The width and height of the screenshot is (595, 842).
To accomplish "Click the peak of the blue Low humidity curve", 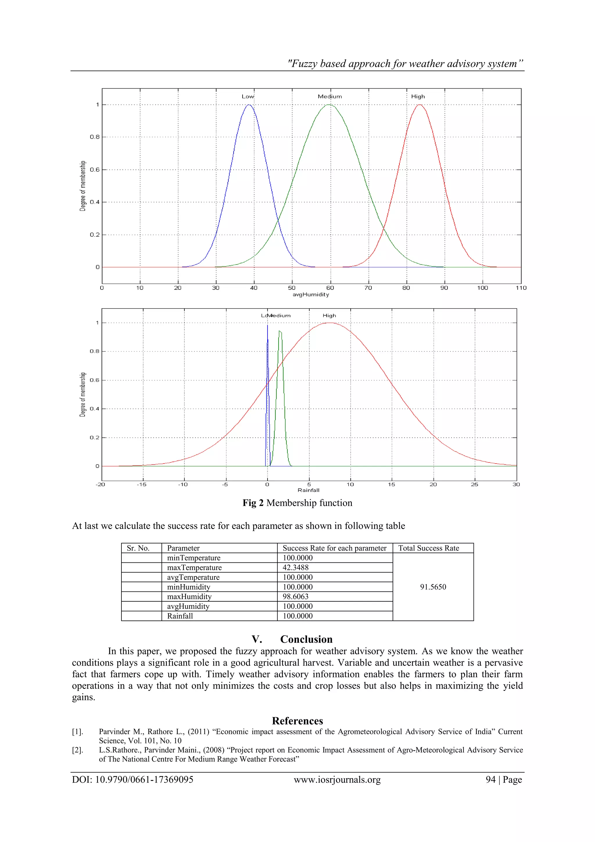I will point(249,105).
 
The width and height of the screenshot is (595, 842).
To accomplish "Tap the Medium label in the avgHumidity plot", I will point(329,96).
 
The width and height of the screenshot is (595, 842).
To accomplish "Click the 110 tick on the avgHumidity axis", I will point(521,288).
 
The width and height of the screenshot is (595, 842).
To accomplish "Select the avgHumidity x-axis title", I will point(311,294).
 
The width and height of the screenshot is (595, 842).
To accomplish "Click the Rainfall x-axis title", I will point(308,490).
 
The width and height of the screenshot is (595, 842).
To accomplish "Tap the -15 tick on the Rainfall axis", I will point(141,485).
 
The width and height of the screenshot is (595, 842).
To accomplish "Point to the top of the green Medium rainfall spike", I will point(280,331).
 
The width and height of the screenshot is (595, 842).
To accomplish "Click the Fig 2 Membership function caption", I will point(297,503).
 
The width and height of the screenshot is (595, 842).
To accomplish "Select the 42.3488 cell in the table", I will point(295,567).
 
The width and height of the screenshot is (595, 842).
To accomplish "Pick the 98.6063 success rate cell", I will point(295,596).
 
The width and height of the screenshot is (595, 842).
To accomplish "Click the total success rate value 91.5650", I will point(433,587).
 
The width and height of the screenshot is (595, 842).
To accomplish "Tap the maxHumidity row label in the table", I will point(189,596).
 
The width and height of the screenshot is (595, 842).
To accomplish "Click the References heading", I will point(297,721).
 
